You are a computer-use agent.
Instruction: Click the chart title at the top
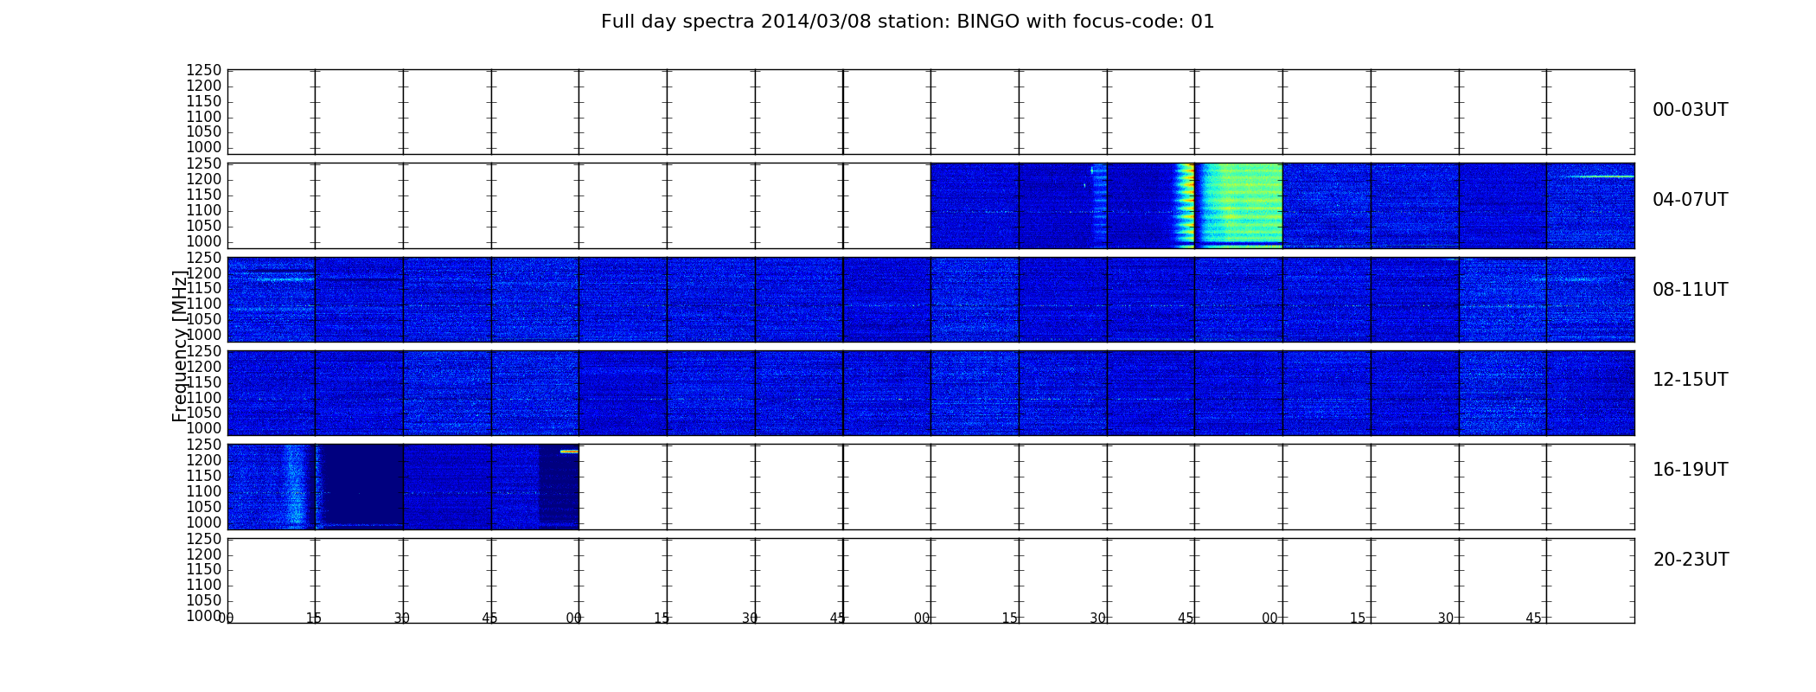coord(907,22)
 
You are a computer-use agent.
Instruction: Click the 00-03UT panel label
coord(1690,110)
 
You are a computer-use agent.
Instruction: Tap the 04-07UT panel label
coord(1690,200)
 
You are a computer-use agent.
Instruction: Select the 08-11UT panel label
coord(1690,290)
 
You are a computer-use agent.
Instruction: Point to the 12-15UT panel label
coord(1690,380)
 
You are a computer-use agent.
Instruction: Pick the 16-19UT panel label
coord(1690,470)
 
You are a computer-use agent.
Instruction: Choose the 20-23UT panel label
coord(1691,560)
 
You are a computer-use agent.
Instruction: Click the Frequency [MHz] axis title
coord(180,346)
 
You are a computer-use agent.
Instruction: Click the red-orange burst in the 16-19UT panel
coord(569,451)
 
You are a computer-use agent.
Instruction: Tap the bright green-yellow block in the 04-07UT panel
coord(1238,204)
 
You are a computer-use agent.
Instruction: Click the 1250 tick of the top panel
coord(204,70)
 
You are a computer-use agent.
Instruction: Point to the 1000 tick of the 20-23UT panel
coord(204,616)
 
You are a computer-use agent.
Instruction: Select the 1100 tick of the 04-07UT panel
coord(204,210)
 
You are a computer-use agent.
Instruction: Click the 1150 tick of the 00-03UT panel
coord(204,101)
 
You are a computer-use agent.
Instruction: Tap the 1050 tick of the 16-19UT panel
coord(204,507)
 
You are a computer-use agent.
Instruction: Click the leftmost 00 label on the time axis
coord(227,618)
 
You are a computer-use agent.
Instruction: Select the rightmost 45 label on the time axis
coord(1533,618)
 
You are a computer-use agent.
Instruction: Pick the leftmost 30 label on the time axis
coord(402,618)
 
